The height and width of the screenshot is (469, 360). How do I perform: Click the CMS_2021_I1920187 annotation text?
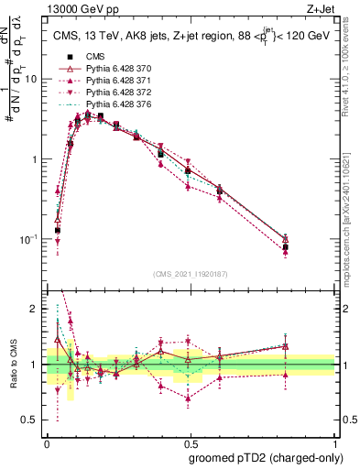point(190,273)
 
